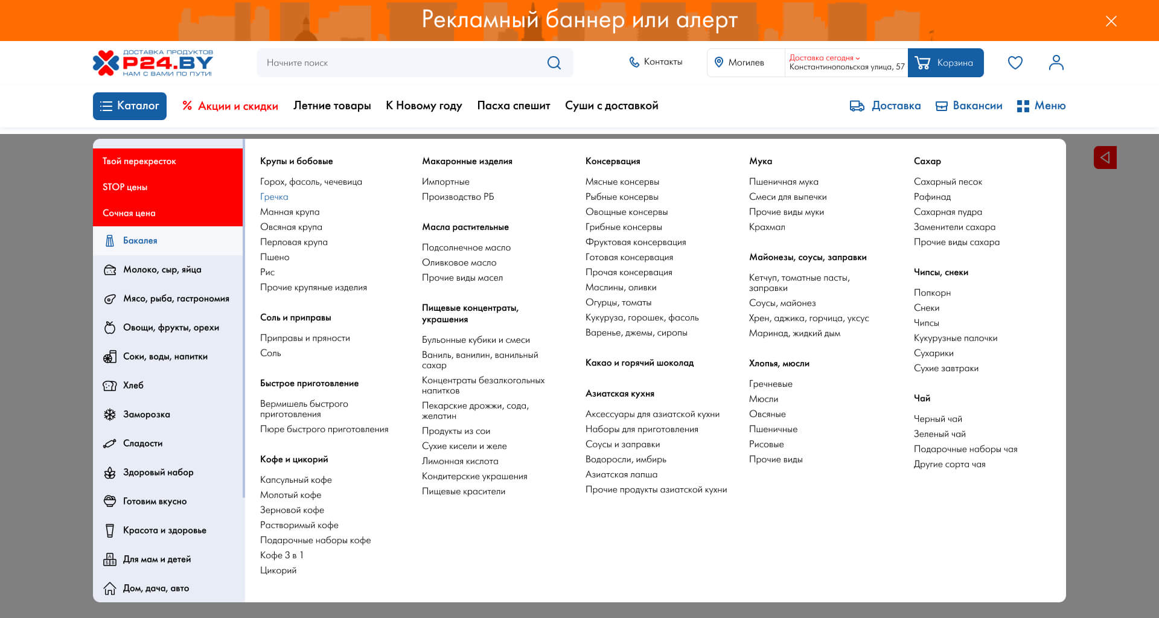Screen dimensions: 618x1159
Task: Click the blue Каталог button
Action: (130, 106)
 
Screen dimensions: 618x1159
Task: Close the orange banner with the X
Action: (1111, 21)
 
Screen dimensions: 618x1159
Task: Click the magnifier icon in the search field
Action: (554, 63)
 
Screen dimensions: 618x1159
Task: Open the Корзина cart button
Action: (945, 63)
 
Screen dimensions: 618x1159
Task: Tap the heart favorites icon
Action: (1015, 63)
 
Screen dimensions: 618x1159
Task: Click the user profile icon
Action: (1056, 63)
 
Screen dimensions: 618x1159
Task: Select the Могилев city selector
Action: (745, 63)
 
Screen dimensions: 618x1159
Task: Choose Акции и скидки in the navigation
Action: (231, 106)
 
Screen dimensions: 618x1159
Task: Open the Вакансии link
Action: (969, 106)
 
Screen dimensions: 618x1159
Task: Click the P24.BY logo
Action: (153, 63)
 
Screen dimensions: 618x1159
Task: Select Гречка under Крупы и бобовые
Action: (274, 197)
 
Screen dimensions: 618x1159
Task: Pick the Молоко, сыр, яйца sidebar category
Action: (162, 270)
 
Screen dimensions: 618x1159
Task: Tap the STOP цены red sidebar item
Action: (125, 187)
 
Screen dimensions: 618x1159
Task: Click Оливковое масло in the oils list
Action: (459, 263)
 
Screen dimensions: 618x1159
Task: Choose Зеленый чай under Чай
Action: (939, 434)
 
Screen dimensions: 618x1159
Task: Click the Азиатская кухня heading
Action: (619, 393)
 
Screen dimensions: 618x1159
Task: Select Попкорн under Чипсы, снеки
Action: (932, 293)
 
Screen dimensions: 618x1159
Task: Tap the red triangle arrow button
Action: (1105, 158)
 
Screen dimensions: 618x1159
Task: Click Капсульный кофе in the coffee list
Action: (296, 480)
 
